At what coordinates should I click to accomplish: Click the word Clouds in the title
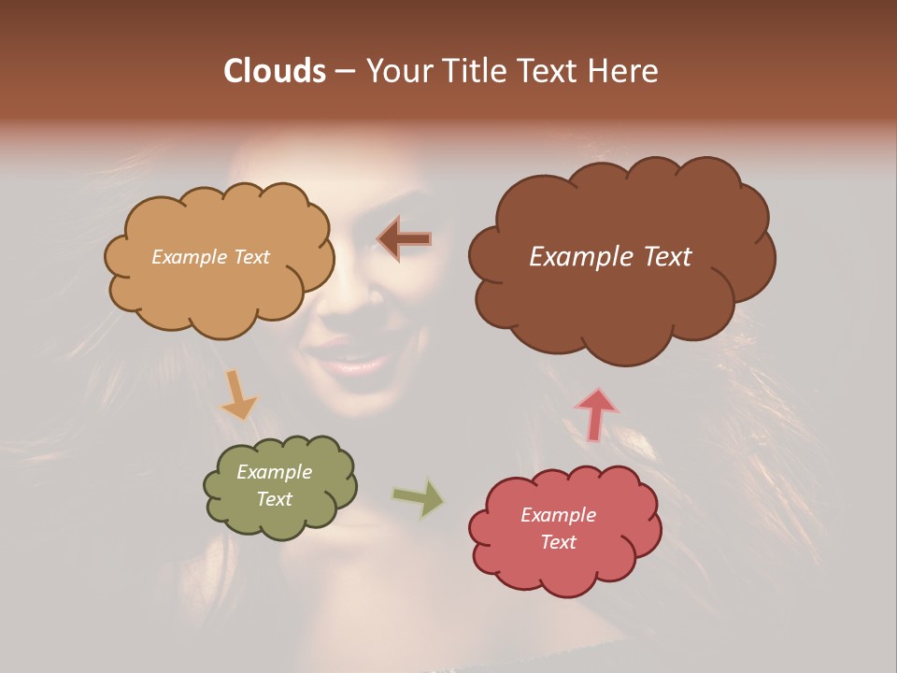[x=274, y=71]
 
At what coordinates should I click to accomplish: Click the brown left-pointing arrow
[x=404, y=239]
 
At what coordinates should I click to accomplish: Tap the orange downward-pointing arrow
[x=238, y=394]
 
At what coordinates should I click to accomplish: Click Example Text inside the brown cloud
[x=610, y=257]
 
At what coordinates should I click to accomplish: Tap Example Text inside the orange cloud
[x=210, y=257]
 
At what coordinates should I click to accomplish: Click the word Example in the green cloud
[x=274, y=472]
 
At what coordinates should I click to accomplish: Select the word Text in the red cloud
[x=558, y=542]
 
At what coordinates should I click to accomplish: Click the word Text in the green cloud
[x=274, y=499]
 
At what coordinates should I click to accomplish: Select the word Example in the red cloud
[x=558, y=515]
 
